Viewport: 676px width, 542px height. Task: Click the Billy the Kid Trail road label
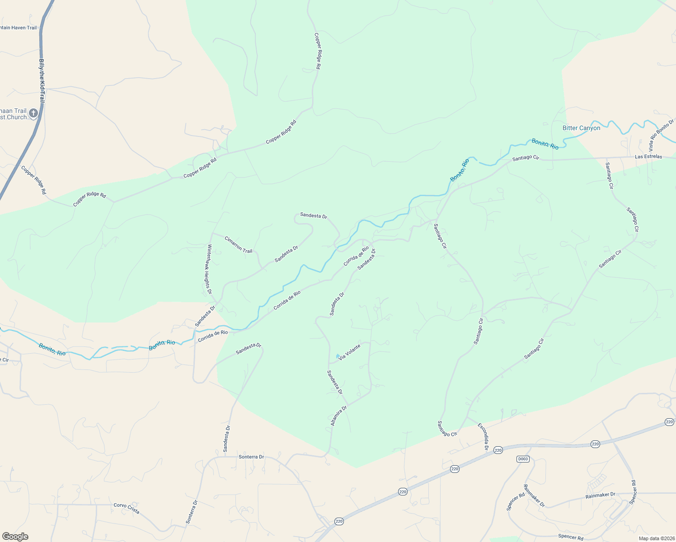tap(42, 81)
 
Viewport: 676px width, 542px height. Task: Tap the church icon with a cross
tap(33, 113)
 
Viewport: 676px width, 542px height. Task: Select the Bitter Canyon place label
tap(581, 128)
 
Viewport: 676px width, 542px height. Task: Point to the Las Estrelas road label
tap(648, 157)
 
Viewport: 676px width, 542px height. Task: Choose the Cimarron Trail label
tap(238, 244)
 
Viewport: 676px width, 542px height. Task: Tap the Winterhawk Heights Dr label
tap(209, 269)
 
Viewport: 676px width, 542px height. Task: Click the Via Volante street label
tap(349, 352)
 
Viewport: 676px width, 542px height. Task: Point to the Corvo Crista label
tap(126, 508)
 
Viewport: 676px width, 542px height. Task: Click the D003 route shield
tap(523, 459)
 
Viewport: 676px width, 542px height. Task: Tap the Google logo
tap(15, 536)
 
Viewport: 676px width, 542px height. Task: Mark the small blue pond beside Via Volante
tap(338, 356)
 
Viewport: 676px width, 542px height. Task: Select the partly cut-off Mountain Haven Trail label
tap(19, 28)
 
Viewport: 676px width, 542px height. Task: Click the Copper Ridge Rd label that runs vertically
tap(317, 51)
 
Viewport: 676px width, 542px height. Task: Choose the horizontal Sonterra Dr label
tap(251, 457)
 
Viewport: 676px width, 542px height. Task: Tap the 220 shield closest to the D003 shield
tap(498, 450)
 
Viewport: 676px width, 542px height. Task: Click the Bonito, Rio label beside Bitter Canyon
tap(545, 144)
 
